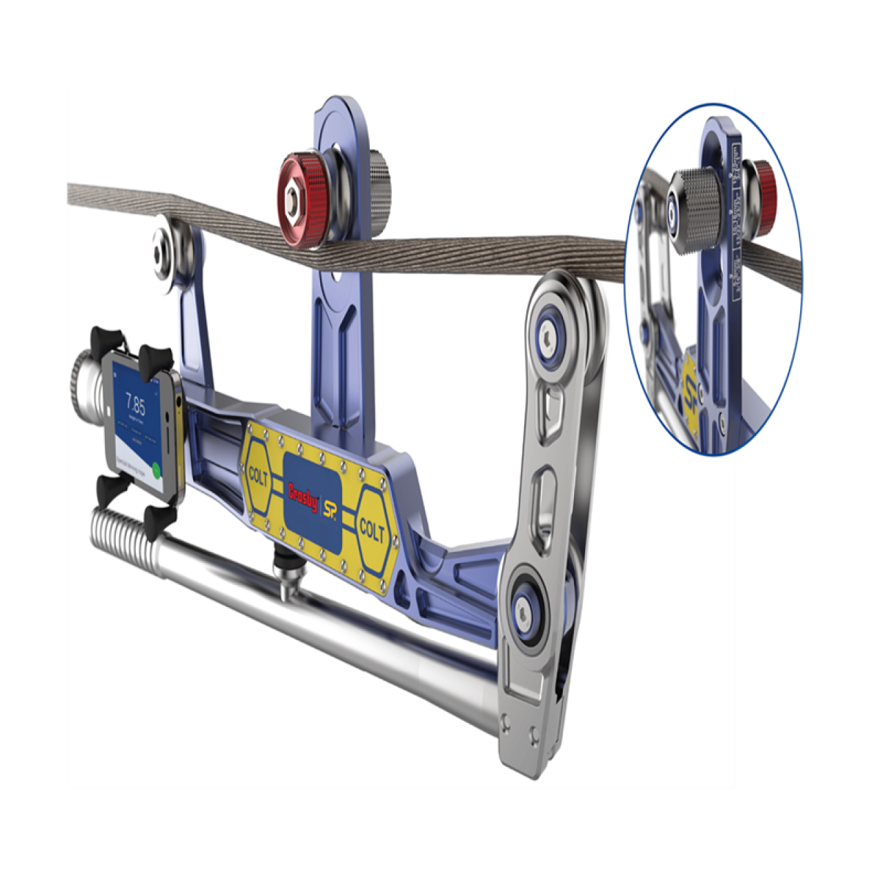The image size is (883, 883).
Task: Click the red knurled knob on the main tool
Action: pos(301,201)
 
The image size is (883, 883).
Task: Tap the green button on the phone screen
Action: pos(157,470)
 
